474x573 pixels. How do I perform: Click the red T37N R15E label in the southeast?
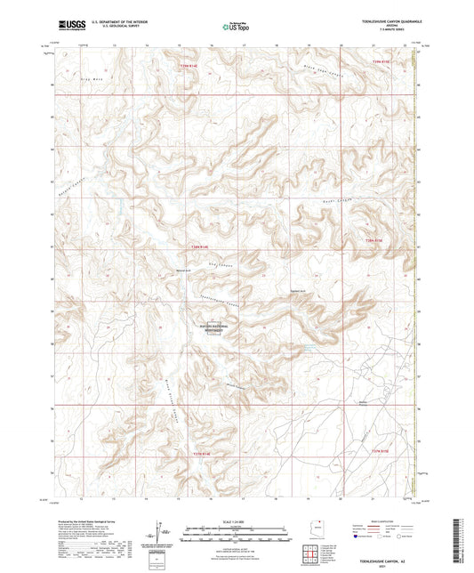tap(379, 454)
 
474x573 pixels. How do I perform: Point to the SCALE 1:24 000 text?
tap(237, 520)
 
